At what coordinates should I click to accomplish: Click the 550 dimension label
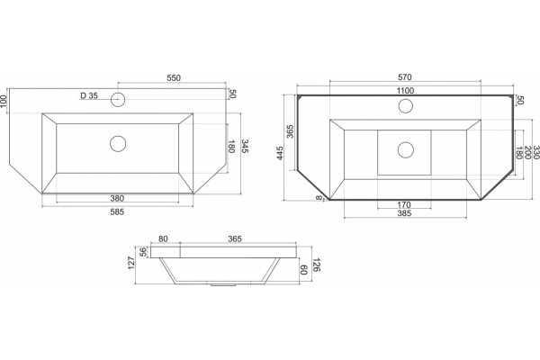[174, 78]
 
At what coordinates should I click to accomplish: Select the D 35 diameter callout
[89, 95]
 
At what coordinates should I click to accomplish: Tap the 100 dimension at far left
[4, 101]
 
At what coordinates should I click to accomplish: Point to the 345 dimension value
[245, 147]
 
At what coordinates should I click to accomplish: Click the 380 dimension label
[117, 198]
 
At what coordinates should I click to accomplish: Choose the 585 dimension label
[117, 211]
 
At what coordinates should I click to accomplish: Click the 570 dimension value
[405, 77]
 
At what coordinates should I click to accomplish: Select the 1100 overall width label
[405, 91]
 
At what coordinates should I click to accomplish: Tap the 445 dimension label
[280, 153]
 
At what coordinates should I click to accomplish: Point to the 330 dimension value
[535, 152]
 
